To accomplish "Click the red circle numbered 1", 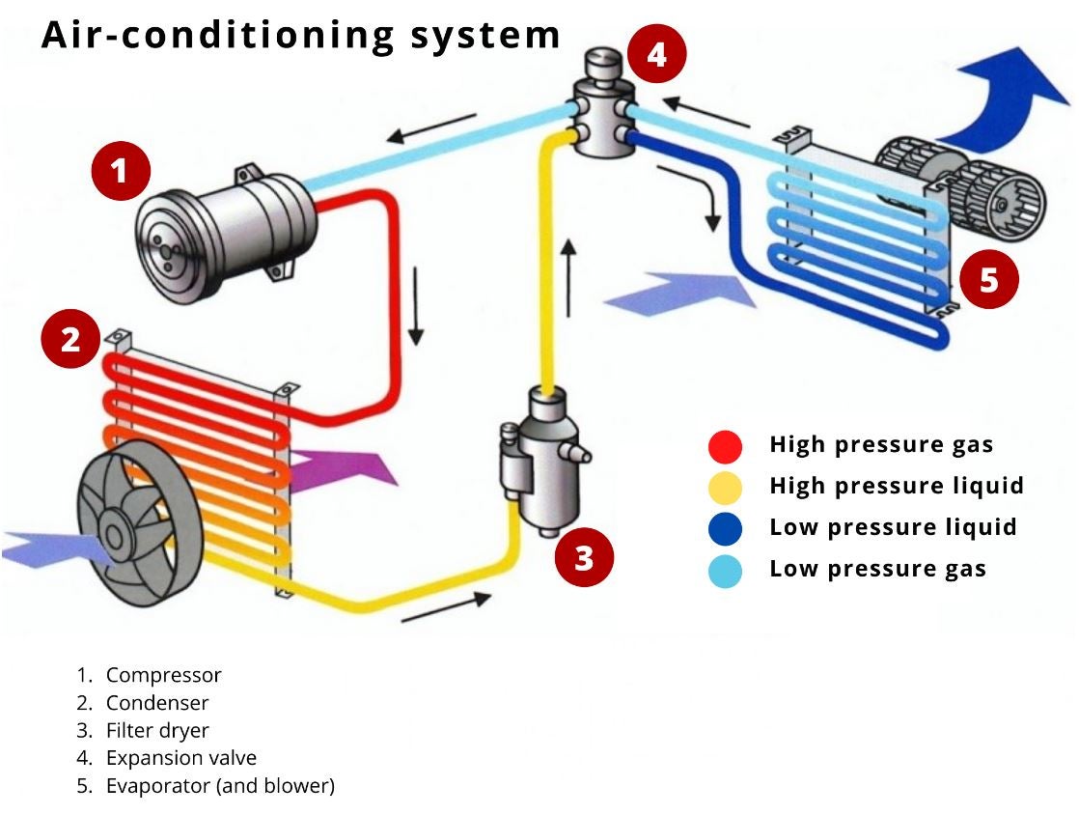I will (119, 171).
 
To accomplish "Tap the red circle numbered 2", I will (69, 340).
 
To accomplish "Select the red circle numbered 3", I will (584, 557).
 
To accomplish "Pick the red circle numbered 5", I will (988, 280).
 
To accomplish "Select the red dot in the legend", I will (725, 445).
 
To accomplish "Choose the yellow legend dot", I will (725, 487).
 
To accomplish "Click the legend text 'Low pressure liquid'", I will (893, 527).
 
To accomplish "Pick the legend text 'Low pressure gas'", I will (877, 569).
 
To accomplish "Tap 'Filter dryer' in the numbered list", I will (157, 730).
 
